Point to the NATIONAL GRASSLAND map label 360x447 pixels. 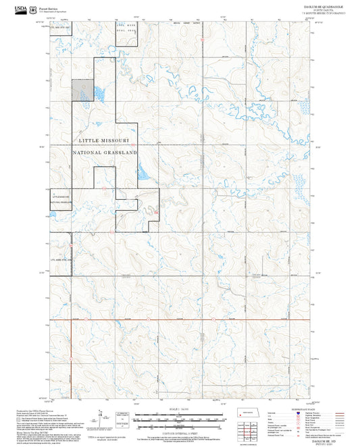click(105, 153)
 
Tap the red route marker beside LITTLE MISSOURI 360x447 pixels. click(137, 142)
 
